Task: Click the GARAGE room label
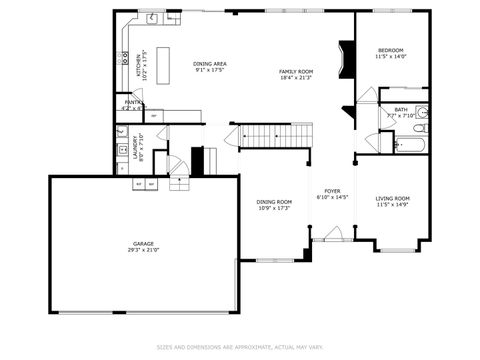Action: (x=143, y=243)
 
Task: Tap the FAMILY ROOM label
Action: (x=296, y=72)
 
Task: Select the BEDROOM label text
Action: (x=390, y=50)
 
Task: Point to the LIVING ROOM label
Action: (x=392, y=198)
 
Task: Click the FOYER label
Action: (x=332, y=191)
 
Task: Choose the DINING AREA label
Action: (x=209, y=63)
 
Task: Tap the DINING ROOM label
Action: (x=273, y=202)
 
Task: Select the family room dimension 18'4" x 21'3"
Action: (x=296, y=78)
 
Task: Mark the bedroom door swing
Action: (x=367, y=95)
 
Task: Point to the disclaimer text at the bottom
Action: (x=239, y=347)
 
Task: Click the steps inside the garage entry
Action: (x=179, y=183)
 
